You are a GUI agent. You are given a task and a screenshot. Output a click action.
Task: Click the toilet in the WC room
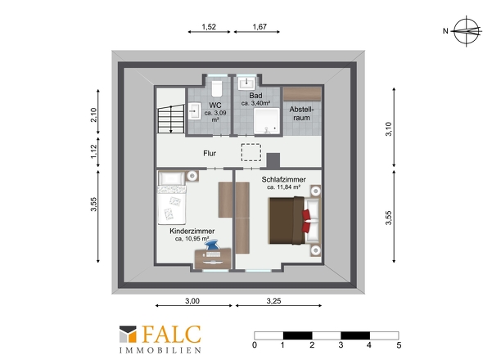218,88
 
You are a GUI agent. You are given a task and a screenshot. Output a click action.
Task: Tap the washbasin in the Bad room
247,82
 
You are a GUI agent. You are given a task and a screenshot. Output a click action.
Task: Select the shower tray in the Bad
267,121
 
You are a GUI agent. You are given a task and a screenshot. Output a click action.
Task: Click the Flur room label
210,153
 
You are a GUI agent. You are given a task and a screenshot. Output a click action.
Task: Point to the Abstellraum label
301,114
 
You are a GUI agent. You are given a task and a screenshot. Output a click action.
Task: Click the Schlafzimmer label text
284,179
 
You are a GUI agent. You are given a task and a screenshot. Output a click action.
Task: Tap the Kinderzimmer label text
192,231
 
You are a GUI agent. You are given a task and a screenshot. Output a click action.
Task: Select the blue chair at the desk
212,246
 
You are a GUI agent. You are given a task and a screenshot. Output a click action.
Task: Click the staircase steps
170,119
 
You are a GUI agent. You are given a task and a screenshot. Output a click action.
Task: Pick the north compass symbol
467,31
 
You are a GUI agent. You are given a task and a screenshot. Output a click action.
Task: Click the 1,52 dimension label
209,27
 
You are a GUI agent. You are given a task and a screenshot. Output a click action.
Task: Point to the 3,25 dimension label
273,301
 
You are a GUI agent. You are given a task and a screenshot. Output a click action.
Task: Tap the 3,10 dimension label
388,128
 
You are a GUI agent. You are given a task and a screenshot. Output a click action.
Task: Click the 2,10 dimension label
93,115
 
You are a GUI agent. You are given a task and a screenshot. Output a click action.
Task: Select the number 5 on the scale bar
399,345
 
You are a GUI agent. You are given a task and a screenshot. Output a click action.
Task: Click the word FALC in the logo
172,335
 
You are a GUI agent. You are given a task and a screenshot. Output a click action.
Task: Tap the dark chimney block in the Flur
273,160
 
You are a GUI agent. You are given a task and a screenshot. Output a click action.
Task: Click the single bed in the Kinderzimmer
172,198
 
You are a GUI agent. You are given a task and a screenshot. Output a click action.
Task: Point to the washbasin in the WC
194,110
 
